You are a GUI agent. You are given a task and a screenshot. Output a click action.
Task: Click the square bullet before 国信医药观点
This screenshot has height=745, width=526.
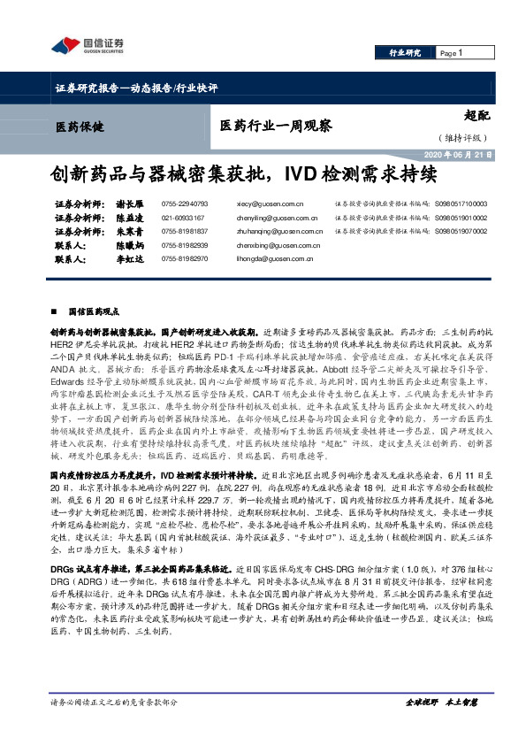[57, 312]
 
